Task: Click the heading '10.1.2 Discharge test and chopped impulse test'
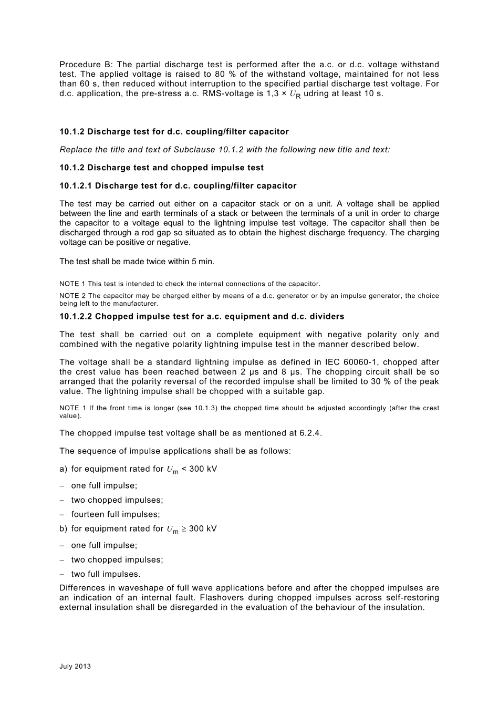tap(161, 168)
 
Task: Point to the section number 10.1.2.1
tap(76, 185)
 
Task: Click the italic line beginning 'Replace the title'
tap(225, 150)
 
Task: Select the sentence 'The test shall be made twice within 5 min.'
tap(137, 261)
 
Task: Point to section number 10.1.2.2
tap(76, 316)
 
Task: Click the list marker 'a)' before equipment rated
tap(64, 469)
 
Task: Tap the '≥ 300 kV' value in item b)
tap(199, 528)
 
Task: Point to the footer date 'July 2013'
tap(75, 666)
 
